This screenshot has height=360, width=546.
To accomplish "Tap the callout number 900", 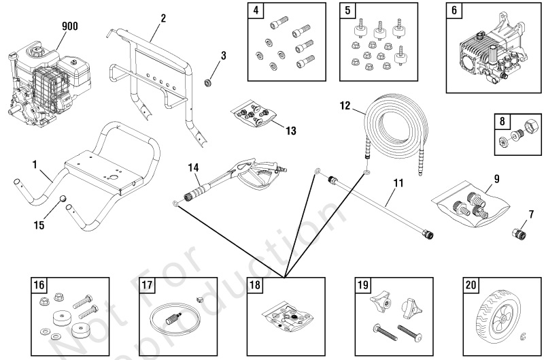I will [69, 27].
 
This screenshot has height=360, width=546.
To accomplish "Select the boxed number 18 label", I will [254, 286].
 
